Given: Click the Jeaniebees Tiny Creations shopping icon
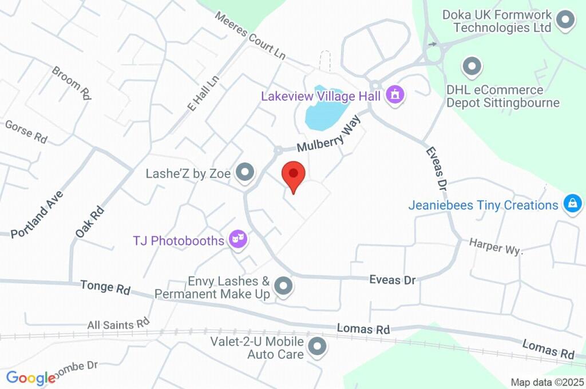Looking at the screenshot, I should point(572,204).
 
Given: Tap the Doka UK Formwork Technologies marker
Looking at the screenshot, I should point(566,20).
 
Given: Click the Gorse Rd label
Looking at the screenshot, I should point(26,132).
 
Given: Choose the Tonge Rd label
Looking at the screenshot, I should point(105,287).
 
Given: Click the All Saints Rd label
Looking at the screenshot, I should point(118,324).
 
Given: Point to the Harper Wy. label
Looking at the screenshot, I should point(496,244).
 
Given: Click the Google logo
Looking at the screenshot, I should point(31,378).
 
